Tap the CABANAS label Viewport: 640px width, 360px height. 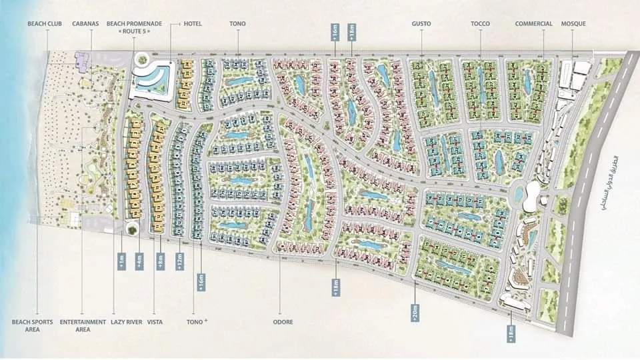tap(85, 24)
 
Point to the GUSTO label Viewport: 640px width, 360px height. tap(421, 24)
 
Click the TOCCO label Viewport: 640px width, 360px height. tap(480, 24)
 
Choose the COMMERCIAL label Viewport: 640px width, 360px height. tap(533, 24)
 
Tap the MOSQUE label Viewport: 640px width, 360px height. tap(574, 24)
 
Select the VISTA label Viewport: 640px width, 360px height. tap(155, 322)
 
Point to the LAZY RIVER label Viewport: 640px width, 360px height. tap(127, 322)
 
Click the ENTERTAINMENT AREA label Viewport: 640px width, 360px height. tap(83, 325)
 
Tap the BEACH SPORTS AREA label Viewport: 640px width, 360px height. tap(27, 325)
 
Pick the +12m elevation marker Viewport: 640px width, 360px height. tap(179, 261)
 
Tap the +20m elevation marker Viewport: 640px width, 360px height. tap(415, 311)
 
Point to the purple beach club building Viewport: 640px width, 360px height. tap(83, 61)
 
